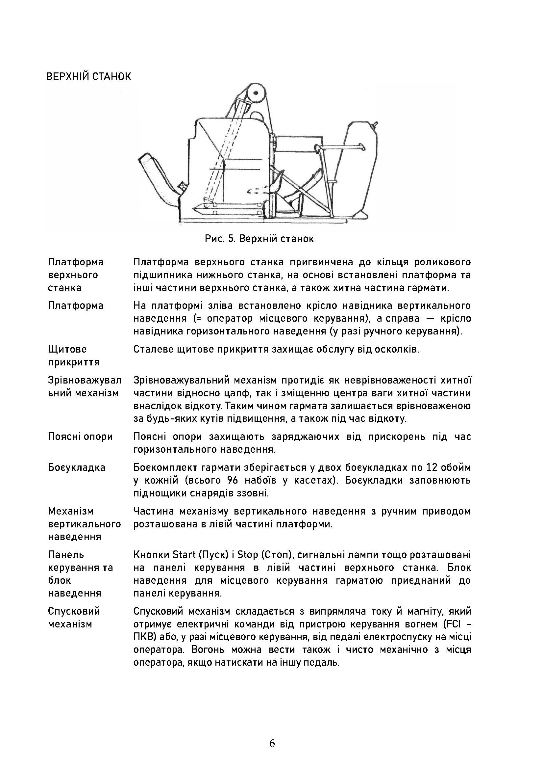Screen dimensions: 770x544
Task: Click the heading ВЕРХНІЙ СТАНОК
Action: [88, 76]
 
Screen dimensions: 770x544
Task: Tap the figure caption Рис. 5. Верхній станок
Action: [259, 239]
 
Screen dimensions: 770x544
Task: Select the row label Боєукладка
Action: [76, 467]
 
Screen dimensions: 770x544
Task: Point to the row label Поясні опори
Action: [80, 436]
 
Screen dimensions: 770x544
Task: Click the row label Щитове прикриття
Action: [74, 356]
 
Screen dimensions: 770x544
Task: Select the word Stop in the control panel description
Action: [247, 554]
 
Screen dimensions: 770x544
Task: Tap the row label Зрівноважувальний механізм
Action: [85, 386]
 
